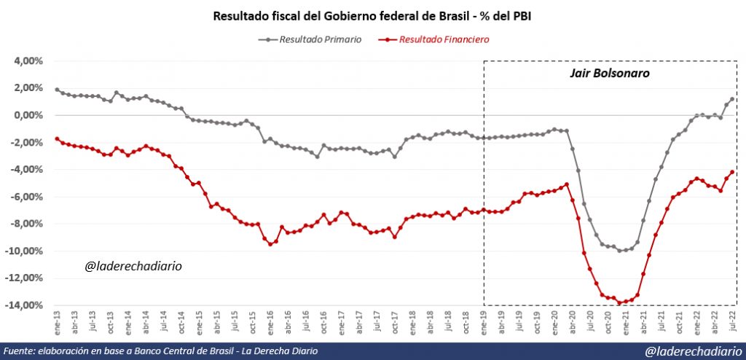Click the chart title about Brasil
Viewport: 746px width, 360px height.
[x=372, y=15]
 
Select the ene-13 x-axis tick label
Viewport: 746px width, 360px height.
[x=58, y=321]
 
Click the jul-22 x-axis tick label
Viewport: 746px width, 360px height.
[x=732, y=321]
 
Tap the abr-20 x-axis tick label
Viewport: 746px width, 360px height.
[x=573, y=321]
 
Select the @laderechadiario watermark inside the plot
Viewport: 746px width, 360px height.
[x=133, y=267]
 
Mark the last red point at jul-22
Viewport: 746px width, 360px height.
[x=731, y=172]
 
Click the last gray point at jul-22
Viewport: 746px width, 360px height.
[x=731, y=99]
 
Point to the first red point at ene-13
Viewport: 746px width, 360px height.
[x=57, y=138]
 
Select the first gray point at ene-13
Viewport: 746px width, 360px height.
[x=57, y=90]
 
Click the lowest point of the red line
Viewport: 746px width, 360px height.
[x=620, y=302]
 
